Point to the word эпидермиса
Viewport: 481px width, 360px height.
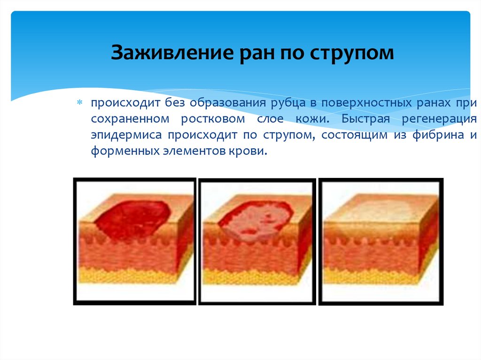[123, 135]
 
